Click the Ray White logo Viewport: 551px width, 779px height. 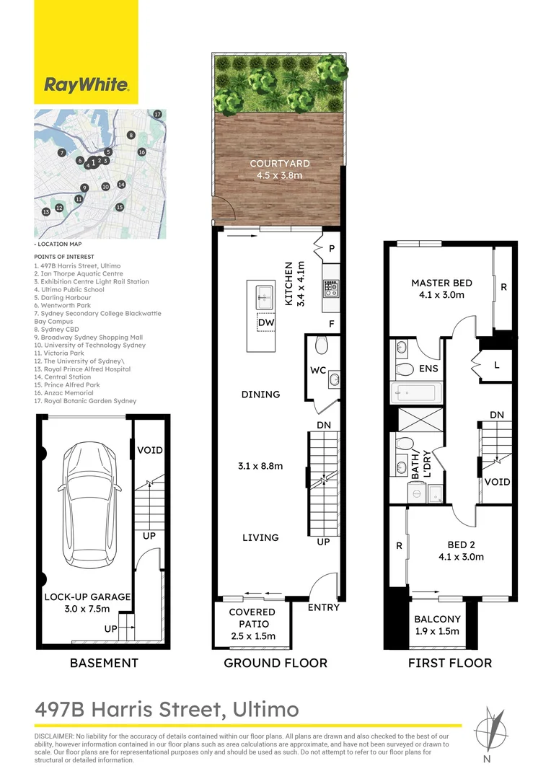click(87, 85)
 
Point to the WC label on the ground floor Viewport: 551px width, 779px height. click(318, 371)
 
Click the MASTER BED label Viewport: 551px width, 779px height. click(441, 283)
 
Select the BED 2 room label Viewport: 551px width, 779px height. click(461, 545)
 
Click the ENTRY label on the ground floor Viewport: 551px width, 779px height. click(323, 607)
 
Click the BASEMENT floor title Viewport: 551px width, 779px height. click(104, 663)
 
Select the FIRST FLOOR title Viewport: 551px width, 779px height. click(449, 663)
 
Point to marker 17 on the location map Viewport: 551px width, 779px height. click(158, 114)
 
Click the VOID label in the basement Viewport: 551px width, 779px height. click(149, 450)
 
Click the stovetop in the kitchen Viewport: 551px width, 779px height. click(331, 289)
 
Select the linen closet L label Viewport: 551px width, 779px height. click(496, 366)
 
